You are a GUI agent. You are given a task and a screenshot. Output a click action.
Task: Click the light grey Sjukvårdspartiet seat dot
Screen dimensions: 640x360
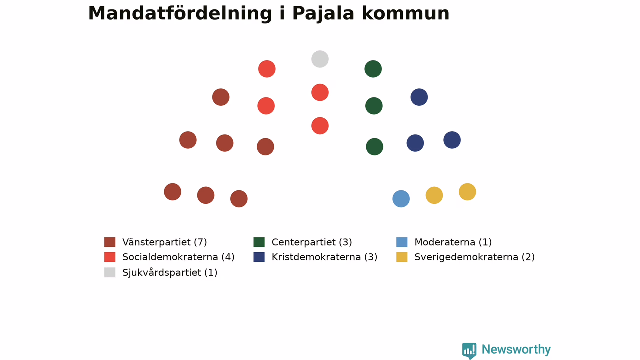pyautogui.click(x=320, y=59)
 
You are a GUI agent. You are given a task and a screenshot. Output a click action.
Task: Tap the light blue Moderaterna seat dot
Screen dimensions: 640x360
pyautogui.click(x=401, y=199)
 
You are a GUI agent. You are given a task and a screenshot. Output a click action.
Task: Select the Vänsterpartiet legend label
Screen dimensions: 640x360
pyautogui.click(x=165, y=242)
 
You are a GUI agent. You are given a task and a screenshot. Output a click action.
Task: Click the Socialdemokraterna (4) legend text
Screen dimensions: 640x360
pyautogui.click(x=178, y=257)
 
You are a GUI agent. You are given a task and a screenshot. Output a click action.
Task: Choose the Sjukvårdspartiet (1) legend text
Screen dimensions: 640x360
pyautogui.click(x=170, y=272)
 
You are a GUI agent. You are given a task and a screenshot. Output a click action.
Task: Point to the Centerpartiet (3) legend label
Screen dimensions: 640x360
pyautogui.click(x=312, y=242)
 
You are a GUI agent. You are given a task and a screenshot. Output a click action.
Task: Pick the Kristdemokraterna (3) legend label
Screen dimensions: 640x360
pyautogui.click(x=324, y=257)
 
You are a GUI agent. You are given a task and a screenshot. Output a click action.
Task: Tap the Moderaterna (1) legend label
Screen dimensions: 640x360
pyautogui.click(x=453, y=242)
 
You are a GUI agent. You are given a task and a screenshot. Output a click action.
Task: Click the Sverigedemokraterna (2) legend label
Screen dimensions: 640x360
pyautogui.click(x=474, y=257)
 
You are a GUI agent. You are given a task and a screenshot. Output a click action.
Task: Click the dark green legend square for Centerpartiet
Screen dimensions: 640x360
pyautogui.click(x=259, y=242)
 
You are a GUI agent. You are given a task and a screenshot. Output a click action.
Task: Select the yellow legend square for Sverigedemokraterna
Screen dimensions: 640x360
pyautogui.click(x=402, y=257)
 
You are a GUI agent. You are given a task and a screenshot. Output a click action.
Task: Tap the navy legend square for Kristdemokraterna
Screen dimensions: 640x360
pyautogui.click(x=259, y=257)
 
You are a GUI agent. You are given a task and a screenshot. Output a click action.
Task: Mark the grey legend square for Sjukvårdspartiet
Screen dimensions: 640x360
pyautogui.click(x=110, y=272)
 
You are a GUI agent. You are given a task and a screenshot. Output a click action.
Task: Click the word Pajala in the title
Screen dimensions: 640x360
pyautogui.click(x=323, y=13)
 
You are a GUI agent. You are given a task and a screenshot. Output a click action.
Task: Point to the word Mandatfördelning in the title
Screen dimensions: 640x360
pyautogui.click(x=180, y=13)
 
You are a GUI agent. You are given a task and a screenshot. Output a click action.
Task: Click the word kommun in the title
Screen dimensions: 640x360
pyautogui.click(x=405, y=13)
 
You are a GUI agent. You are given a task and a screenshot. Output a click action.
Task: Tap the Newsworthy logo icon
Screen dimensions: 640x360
pyautogui.click(x=469, y=351)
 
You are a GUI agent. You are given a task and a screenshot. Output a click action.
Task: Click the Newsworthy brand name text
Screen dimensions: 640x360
pyautogui.click(x=516, y=349)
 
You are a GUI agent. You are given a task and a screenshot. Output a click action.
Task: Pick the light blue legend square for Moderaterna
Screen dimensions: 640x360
pyautogui.click(x=402, y=242)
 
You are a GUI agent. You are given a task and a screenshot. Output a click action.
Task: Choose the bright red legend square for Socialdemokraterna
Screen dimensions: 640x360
pyautogui.click(x=110, y=257)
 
